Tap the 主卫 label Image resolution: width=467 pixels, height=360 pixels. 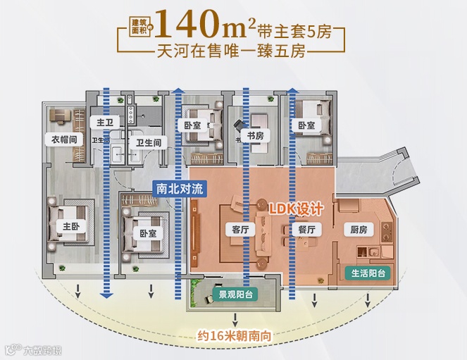tap(102, 123)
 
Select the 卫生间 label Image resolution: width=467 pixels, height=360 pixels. tap(149, 143)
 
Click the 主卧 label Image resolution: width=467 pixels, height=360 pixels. tap(70, 226)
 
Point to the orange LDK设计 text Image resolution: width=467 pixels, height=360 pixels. tap(297, 209)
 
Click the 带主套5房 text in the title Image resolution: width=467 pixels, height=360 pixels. tap(295, 30)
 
